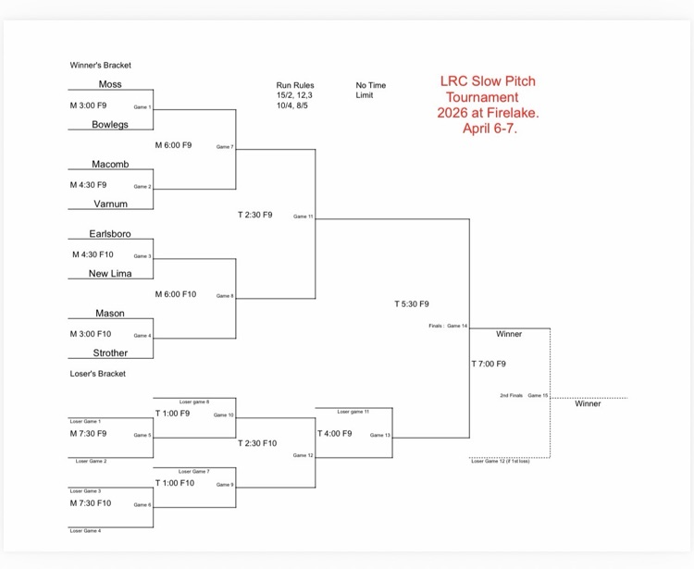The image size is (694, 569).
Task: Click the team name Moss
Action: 110,84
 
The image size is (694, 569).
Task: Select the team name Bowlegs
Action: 110,125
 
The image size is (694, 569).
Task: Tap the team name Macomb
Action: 110,165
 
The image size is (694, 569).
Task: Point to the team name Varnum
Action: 111,204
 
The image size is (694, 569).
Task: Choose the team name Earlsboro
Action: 110,234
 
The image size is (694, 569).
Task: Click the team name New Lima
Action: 110,274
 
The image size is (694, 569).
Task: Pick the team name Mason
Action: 110,314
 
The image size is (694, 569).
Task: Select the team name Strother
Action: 110,353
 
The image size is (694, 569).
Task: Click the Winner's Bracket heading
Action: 101,66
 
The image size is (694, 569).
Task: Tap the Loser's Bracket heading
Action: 98,374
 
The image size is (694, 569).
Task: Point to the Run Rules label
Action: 295,85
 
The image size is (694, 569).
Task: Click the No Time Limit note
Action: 371,91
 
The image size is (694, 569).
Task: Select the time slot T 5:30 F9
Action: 412,303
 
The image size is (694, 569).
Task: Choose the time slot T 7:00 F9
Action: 489,364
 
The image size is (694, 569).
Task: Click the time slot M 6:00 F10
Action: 176,294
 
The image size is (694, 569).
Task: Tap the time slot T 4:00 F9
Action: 335,433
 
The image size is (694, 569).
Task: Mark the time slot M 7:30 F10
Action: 91,503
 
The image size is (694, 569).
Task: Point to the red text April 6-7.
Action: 490,129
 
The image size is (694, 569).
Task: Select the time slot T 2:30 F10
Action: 257,443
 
